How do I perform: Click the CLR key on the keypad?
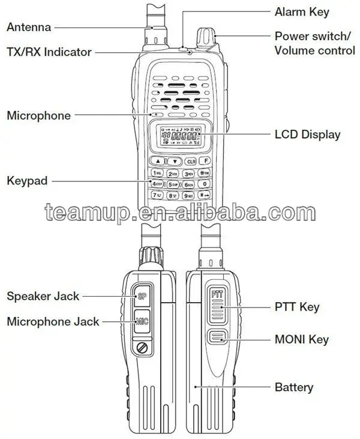point(191,161)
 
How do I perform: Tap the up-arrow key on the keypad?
point(157,161)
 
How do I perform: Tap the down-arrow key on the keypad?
point(174,161)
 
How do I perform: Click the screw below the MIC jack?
point(142,348)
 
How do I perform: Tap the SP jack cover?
point(142,295)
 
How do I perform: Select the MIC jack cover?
point(142,321)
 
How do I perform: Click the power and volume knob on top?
point(206,38)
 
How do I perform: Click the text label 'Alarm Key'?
point(302,11)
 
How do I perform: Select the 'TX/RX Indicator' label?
point(49,52)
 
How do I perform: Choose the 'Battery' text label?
point(294,387)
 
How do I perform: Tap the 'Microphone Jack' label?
point(53,321)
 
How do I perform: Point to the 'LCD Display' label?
point(307,135)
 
